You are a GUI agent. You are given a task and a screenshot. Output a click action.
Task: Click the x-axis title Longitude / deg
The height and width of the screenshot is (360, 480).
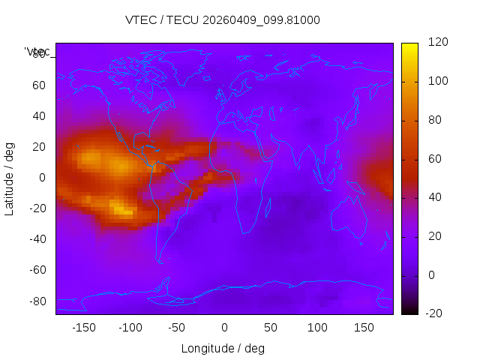[x=223, y=348]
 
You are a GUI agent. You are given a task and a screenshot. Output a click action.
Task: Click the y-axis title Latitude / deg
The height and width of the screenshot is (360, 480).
[x=10, y=178]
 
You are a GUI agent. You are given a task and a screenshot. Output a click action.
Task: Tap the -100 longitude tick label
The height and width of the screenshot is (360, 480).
[x=130, y=327]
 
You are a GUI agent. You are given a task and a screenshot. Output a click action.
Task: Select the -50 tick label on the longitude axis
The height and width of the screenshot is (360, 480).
[x=178, y=327]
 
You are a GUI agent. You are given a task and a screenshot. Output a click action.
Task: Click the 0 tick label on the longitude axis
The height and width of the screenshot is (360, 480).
[x=224, y=327]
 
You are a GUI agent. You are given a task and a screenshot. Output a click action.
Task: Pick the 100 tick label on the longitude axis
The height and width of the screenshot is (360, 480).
[x=317, y=327]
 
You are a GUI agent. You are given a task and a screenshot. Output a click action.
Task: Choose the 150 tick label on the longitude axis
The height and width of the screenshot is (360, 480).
[x=364, y=327]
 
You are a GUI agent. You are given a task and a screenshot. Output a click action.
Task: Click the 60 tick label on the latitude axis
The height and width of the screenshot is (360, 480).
[x=38, y=85]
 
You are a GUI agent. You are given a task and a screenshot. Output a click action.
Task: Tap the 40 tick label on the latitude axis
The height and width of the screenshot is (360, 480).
[x=38, y=116]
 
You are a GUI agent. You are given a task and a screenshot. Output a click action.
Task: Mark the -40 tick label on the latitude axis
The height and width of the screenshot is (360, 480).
[x=36, y=239]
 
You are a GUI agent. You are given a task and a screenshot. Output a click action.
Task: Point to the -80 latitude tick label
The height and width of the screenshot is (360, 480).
[x=36, y=301]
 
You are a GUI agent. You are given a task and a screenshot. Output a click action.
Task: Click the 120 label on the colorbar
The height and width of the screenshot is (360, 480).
[x=437, y=43]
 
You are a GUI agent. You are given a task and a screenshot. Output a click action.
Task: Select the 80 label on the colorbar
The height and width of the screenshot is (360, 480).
[x=434, y=120]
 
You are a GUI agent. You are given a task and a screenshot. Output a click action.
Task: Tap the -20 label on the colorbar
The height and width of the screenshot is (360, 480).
[x=435, y=313]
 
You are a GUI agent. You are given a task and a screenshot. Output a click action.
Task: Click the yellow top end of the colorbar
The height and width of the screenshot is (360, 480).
[x=409, y=46]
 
